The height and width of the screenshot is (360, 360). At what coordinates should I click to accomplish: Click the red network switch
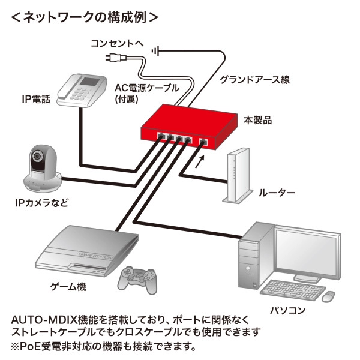186,123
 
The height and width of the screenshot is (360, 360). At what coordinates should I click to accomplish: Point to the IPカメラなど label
41,203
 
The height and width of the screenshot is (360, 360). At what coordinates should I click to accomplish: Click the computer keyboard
290,290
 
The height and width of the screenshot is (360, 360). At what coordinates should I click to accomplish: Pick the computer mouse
328,296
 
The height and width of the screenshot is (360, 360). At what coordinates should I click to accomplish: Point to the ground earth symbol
158,50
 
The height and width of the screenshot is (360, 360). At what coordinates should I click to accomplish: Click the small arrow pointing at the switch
200,158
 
